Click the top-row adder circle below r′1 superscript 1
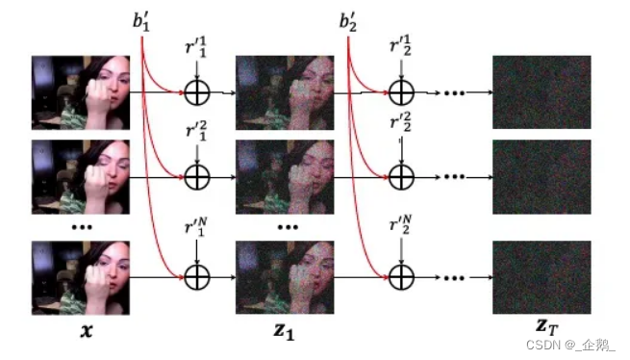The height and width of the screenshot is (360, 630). [x=196, y=93]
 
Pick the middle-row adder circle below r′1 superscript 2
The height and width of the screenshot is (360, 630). [x=196, y=177]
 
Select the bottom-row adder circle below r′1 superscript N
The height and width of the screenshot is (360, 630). [x=196, y=277]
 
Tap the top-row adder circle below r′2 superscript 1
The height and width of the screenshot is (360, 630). [x=401, y=93]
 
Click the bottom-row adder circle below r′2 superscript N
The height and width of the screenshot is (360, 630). [x=401, y=277]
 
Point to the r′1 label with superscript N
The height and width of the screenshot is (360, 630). [x=196, y=231]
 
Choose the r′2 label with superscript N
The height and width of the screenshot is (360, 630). [x=401, y=231]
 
